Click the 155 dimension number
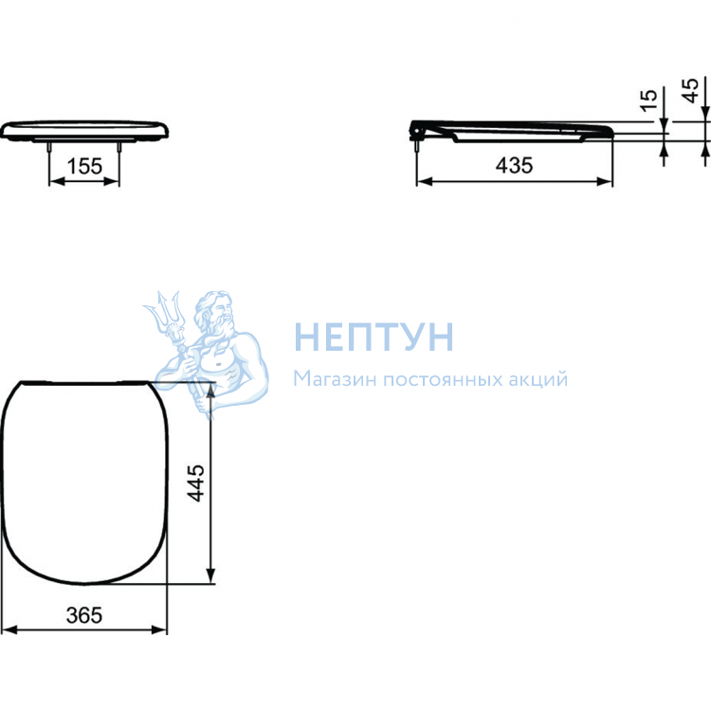(x=84, y=167)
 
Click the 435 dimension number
(x=514, y=166)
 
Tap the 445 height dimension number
(x=196, y=483)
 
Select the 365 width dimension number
(x=84, y=615)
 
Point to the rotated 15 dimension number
(x=648, y=100)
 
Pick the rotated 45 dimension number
(x=690, y=91)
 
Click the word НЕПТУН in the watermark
(x=374, y=337)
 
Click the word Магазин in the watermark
(x=335, y=379)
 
